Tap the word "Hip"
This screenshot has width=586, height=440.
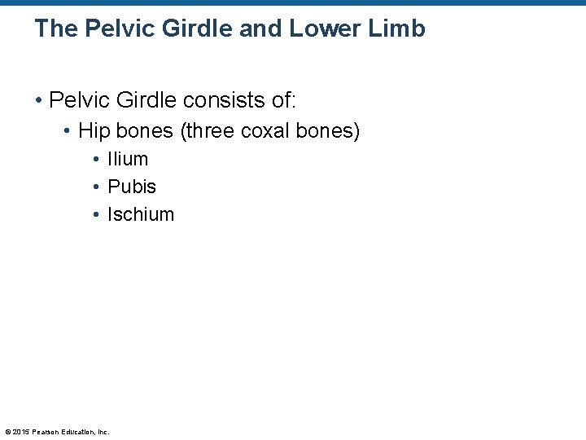(92, 131)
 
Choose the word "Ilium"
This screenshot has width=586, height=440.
(128, 160)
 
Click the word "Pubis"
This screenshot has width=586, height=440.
(132, 187)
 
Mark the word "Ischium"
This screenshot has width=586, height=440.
(141, 215)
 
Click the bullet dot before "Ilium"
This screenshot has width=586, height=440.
(96, 160)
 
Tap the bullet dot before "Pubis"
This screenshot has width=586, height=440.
(96, 187)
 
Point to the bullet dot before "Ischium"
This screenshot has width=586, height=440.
(96, 215)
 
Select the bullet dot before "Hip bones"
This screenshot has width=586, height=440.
(68, 131)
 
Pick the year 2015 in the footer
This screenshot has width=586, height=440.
(21, 432)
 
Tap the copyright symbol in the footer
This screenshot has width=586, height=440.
(7, 432)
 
